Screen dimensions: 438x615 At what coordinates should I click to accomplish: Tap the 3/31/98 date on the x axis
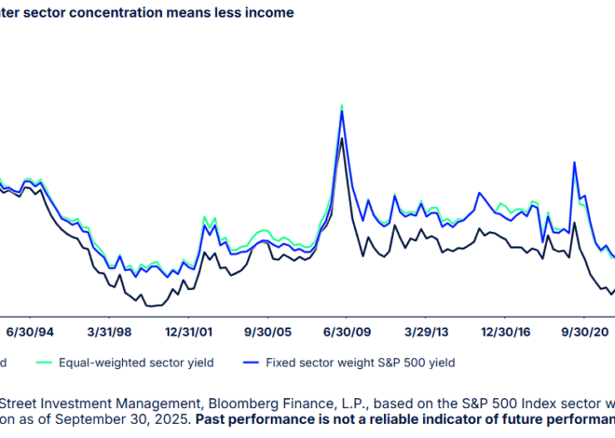(x=111, y=330)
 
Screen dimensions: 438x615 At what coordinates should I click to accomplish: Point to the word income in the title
(x=269, y=12)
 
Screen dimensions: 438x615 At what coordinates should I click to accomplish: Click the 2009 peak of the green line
(x=342, y=105)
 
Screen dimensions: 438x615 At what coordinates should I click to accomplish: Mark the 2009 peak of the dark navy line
(x=343, y=139)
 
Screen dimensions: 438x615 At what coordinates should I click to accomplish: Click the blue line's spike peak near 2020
(x=575, y=163)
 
